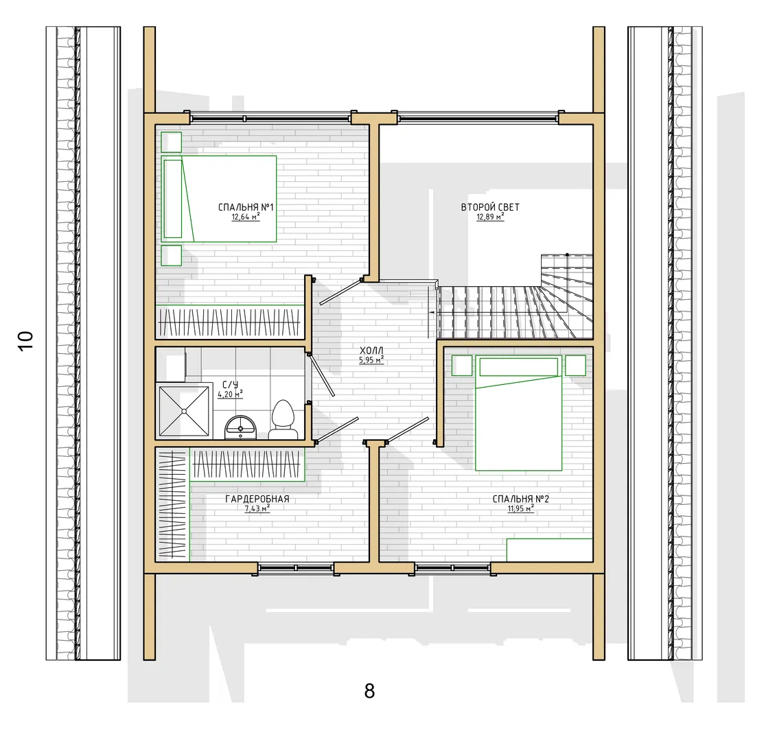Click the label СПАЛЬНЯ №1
click(246, 207)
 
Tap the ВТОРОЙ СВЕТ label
click(490, 207)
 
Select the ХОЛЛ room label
click(371, 351)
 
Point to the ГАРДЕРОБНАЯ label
click(257, 499)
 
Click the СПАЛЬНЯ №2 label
click(521, 499)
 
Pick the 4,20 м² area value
click(230, 394)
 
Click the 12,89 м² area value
click(490, 217)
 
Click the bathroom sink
click(240, 427)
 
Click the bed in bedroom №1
click(219, 199)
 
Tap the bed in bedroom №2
click(519, 413)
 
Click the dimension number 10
click(25, 340)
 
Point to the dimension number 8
click(369, 691)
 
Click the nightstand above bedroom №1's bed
click(172, 142)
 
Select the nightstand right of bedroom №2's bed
click(575, 366)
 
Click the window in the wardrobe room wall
click(296, 567)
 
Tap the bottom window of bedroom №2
click(452, 567)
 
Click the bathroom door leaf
click(321, 375)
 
